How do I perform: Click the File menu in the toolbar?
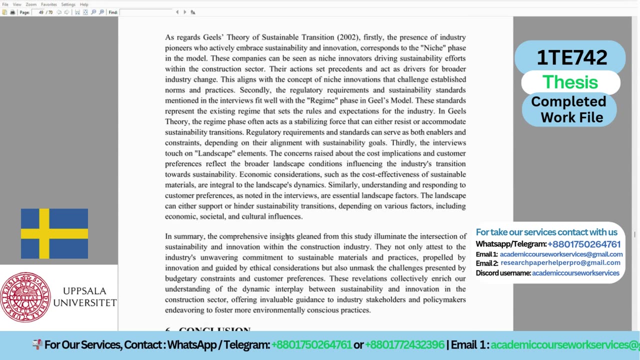pyautogui.click(x=5, y=4)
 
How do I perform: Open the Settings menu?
pyautogui.click(x=68, y=4)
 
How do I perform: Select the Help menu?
pyautogui.click(x=84, y=4)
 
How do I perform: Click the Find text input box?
pyautogui.click(x=145, y=12)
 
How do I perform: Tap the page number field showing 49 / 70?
pyautogui.click(x=45, y=12)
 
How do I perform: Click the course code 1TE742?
pyautogui.click(x=571, y=57)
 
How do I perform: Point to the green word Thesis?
pyautogui.click(x=570, y=82)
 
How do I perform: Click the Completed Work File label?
pyautogui.click(x=568, y=109)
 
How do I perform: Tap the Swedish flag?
pyautogui.click(x=54, y=233)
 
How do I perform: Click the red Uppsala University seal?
pyautogui.click(x=25, y=297)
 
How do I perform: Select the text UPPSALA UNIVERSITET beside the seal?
pyautogui.click(x=84, y=297)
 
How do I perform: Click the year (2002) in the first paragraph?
pyautogui.click(x=348, y=37)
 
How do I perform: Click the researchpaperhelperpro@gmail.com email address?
pyautogui.click(x=560, y=263)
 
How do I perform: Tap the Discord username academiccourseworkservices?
pyautogui.click(x=575, y=273)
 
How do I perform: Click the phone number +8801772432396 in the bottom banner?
pyautogui.click(x=404, y=345)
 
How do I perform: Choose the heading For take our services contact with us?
pyautogui.click(x=546, y=232)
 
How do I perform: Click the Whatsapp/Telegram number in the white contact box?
pyautogui.click(x=584, y=244)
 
